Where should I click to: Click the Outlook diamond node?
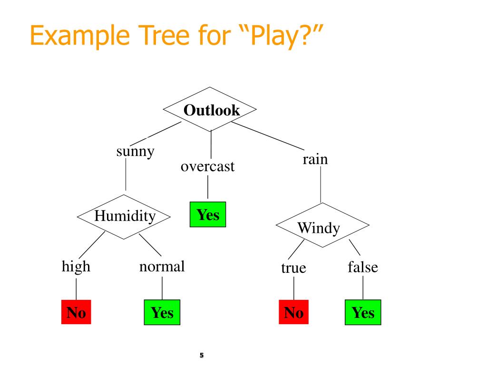click(210, 110)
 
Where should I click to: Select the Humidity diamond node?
click(124, 216)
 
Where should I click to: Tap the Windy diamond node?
click(322, 226)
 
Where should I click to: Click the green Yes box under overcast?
click(208, 215)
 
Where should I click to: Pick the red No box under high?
click(76, 312)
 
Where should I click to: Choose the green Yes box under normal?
click(162, 312)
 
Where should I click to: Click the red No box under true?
click(293, 312)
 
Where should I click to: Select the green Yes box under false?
click(363, 312)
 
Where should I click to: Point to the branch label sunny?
click(136, 152)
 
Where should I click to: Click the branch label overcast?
click(207, 167)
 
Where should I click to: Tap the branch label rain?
click(315, 159)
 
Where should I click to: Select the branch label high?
click(76, 266)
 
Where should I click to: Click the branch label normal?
click(162, 266)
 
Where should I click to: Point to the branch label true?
click(293, 269)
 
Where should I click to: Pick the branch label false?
click(363, 267)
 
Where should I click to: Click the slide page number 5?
click(201, 355)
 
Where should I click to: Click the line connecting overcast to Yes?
click(207, 188)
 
